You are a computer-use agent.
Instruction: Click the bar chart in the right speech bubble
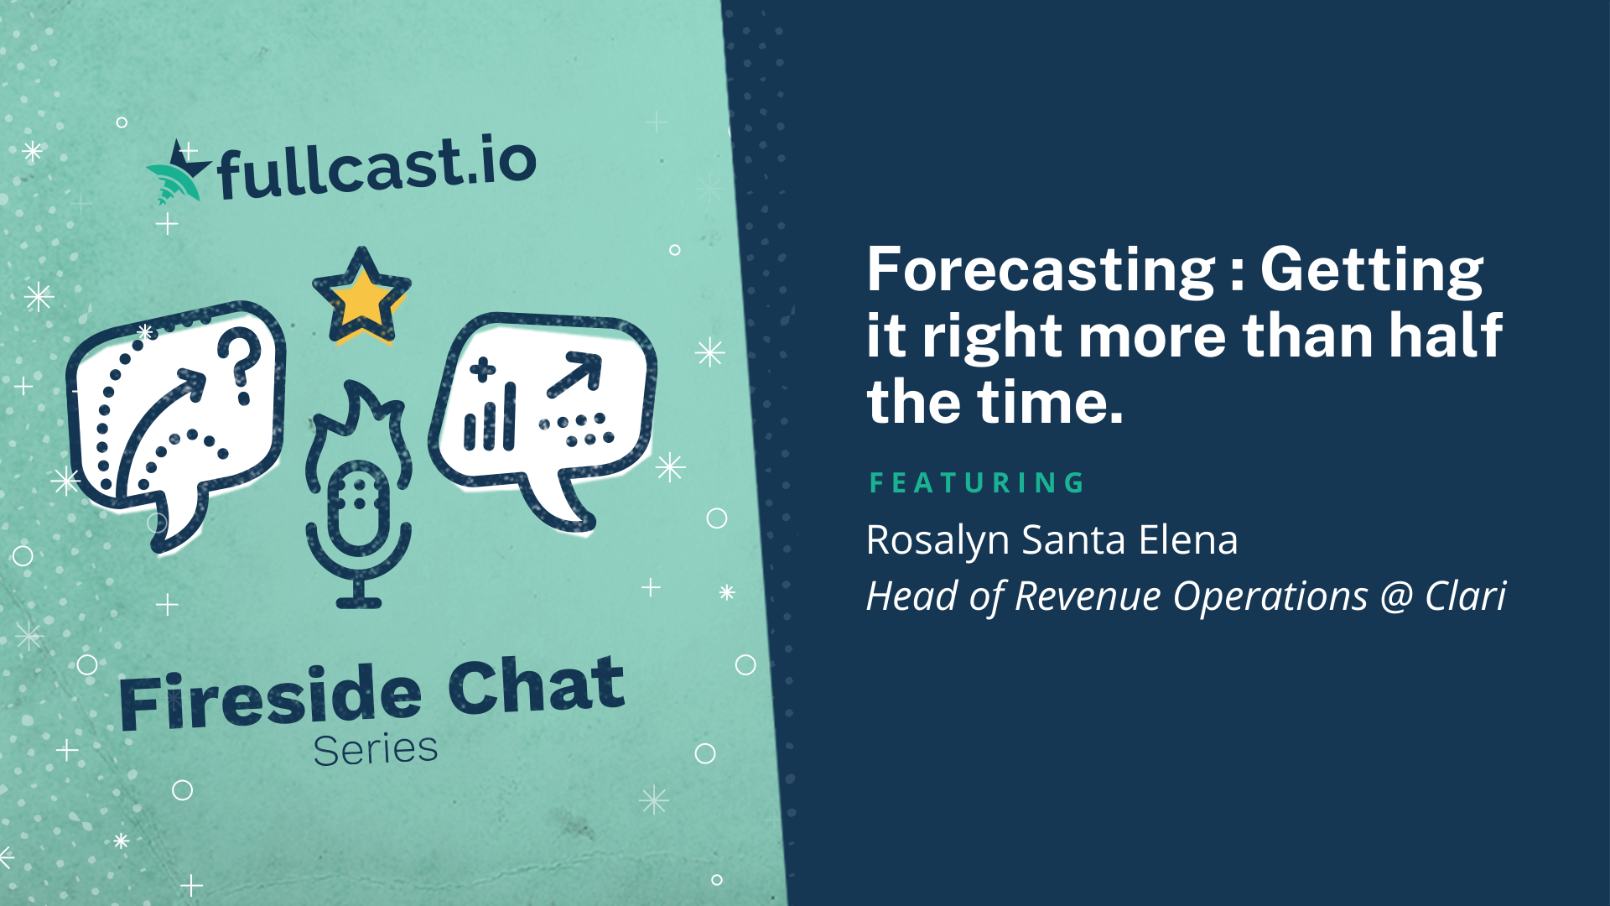point(490,418)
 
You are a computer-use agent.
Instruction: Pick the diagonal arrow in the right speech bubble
point(574,375)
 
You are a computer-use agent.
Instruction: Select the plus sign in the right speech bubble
point(482,370)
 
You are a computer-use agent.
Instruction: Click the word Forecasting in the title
point(1041,271)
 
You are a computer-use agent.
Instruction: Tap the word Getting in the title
point(1372,271)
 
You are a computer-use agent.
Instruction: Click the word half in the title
point(1446,336)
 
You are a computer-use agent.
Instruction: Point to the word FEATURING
point(977,482)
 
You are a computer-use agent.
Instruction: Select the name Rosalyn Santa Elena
point(1052,539)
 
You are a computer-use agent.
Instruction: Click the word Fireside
point(270,698)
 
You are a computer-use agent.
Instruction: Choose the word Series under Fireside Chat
point(376,749)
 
